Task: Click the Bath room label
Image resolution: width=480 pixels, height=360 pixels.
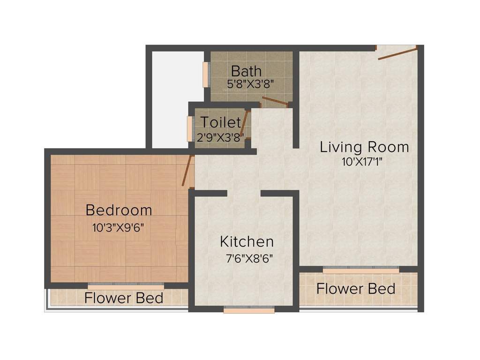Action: click(x=247, y=71)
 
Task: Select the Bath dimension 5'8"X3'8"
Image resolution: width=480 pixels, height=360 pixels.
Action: click(x=250, y=84)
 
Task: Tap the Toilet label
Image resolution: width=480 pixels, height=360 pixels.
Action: click(x=221, y=122)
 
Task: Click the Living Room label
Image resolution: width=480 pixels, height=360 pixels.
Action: click(x=364, y=147)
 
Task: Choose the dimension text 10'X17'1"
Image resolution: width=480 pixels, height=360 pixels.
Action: click(x=364, y=162)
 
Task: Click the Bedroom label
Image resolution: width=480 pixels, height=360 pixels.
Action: click(x=119, y=210)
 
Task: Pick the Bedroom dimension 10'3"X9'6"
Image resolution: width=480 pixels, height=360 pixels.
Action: click(x=118, y=228)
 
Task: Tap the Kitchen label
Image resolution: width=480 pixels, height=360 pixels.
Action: click(x=247, y=242)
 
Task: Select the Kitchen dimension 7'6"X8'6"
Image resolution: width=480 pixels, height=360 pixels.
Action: click(x=249, y=258)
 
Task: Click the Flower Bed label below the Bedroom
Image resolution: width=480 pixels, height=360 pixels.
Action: click(x=124, y=298)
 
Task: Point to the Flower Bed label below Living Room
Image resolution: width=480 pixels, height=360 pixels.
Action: click(x=356, y=289)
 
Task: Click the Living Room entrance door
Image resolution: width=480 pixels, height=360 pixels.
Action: click(x=397, y=52)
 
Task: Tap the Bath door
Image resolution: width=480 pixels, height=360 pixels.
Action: click(x=275, y=101)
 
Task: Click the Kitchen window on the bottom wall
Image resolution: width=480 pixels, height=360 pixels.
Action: click(x=249, y=310)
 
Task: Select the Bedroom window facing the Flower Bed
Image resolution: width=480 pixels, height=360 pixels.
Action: click(x=126, y=286)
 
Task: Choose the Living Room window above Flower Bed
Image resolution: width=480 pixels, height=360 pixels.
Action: click(x=361, y=270)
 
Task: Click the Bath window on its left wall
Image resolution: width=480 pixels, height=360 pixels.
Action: click(x=205, y=74)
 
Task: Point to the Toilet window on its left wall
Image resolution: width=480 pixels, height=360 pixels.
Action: click(x=190, y=128)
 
